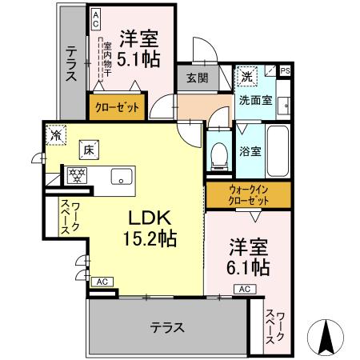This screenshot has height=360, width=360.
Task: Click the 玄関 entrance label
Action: pyautogui.click(x=198, y=78)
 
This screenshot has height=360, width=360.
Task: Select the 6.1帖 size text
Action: pyautogui.click(x=248, y=266)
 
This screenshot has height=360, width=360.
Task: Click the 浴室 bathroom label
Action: pyautogui.click(x=249, y=151)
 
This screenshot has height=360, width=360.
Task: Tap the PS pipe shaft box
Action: pyautogui.click(x=286, y=70)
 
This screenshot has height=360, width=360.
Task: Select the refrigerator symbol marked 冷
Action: pyautogui.click(x=55, y=135)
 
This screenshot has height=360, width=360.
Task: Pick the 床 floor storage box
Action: pyautogui.click(x=86, y=149)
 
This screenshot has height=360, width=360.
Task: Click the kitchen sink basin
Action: pyautogui.click(x=122, y=178)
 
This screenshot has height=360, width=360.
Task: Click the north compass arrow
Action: pyautogui.click(x=327, y=337)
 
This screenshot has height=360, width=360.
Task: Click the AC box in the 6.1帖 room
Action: pyautogui.click(x=244, y=288)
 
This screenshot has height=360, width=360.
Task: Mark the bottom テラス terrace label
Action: pyautogui.click(x=167, y=327)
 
